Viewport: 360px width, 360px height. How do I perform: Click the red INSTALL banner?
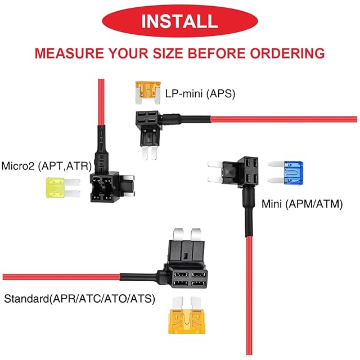pyautogui.click(x=179, y=21)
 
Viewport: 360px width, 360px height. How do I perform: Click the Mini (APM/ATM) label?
pyautogui.click(x=302, y=204)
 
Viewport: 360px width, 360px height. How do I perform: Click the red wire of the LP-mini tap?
pyautogui.click(x=281, y=119)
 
